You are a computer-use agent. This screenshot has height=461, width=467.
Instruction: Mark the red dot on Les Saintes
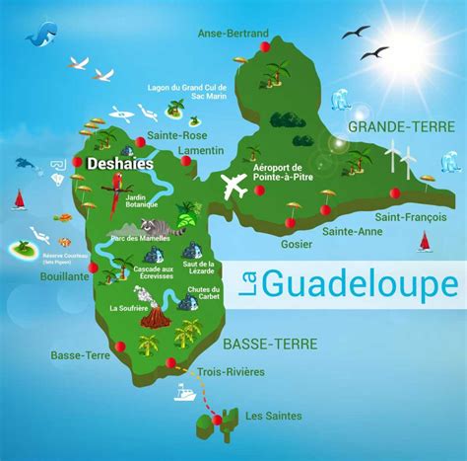coord(216,420)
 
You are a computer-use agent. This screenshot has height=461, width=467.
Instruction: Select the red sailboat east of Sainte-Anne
coord(425,241)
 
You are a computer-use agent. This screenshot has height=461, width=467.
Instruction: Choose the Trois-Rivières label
coord(231,372)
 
